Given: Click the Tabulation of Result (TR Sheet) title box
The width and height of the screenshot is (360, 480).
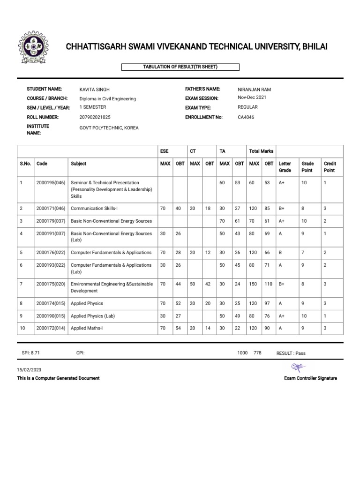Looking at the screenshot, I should (180, 67).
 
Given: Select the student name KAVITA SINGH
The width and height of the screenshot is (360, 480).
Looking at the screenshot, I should (95, 90).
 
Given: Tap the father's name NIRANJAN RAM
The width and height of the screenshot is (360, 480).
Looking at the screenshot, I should (255, 89).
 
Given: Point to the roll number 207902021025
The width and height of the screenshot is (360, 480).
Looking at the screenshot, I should (95, 117).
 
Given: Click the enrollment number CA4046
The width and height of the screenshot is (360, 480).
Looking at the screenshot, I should (246, 117).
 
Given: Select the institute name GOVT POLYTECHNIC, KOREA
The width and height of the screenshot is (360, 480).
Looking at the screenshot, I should (109, 128).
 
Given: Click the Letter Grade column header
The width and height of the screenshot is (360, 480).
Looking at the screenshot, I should (285, 167).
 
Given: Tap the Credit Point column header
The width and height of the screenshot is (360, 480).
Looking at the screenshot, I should (330, 167).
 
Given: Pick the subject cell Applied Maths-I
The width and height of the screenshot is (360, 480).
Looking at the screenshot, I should (86, 328).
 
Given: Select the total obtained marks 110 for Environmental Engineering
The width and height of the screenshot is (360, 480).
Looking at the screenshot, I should (269, 284).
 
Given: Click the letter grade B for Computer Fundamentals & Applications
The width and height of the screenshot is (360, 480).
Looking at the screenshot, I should (280, 253).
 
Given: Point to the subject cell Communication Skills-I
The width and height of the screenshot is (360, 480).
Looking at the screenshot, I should (94, 208).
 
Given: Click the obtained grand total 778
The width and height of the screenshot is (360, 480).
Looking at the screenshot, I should (257, 353).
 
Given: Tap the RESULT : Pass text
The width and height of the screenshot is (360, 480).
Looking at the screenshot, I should (291, 353).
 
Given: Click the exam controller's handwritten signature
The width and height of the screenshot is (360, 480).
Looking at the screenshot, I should (297, 367).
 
